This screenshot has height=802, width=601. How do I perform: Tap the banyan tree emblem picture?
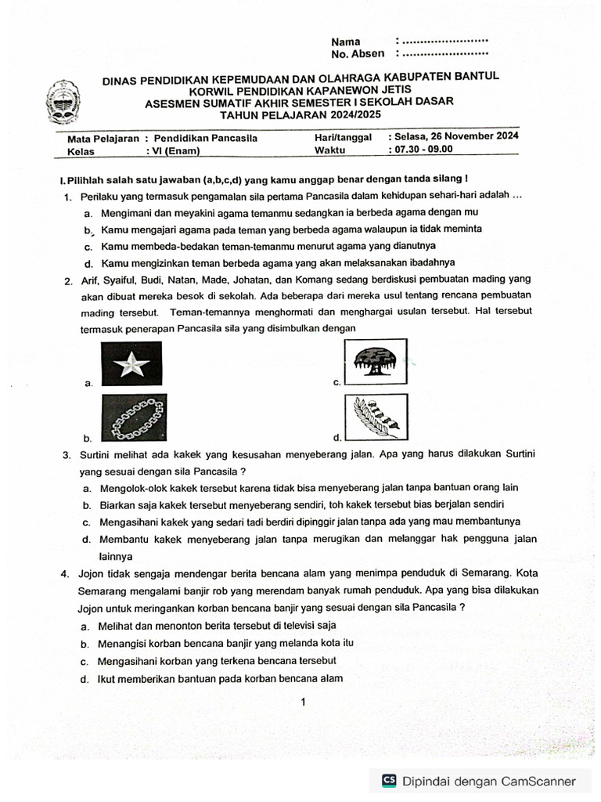pos(375,362)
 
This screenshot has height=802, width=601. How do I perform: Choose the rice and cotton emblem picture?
pos(375,417)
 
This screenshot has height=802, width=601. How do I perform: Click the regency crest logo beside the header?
pos(61,101)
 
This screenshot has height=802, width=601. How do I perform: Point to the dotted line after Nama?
pos(444,40)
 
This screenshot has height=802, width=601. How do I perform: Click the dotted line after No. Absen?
pos(444,53)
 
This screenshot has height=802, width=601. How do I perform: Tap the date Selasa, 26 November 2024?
pos(458,135)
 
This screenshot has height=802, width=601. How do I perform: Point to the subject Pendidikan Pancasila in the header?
pos(206,138)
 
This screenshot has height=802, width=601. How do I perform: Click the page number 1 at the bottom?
pos(302,703)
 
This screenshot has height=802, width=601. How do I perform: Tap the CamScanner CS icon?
pos(389,780)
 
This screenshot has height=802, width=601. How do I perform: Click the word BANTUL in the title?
pos(472,76)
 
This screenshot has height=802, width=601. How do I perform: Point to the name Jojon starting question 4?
pos(92,573)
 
